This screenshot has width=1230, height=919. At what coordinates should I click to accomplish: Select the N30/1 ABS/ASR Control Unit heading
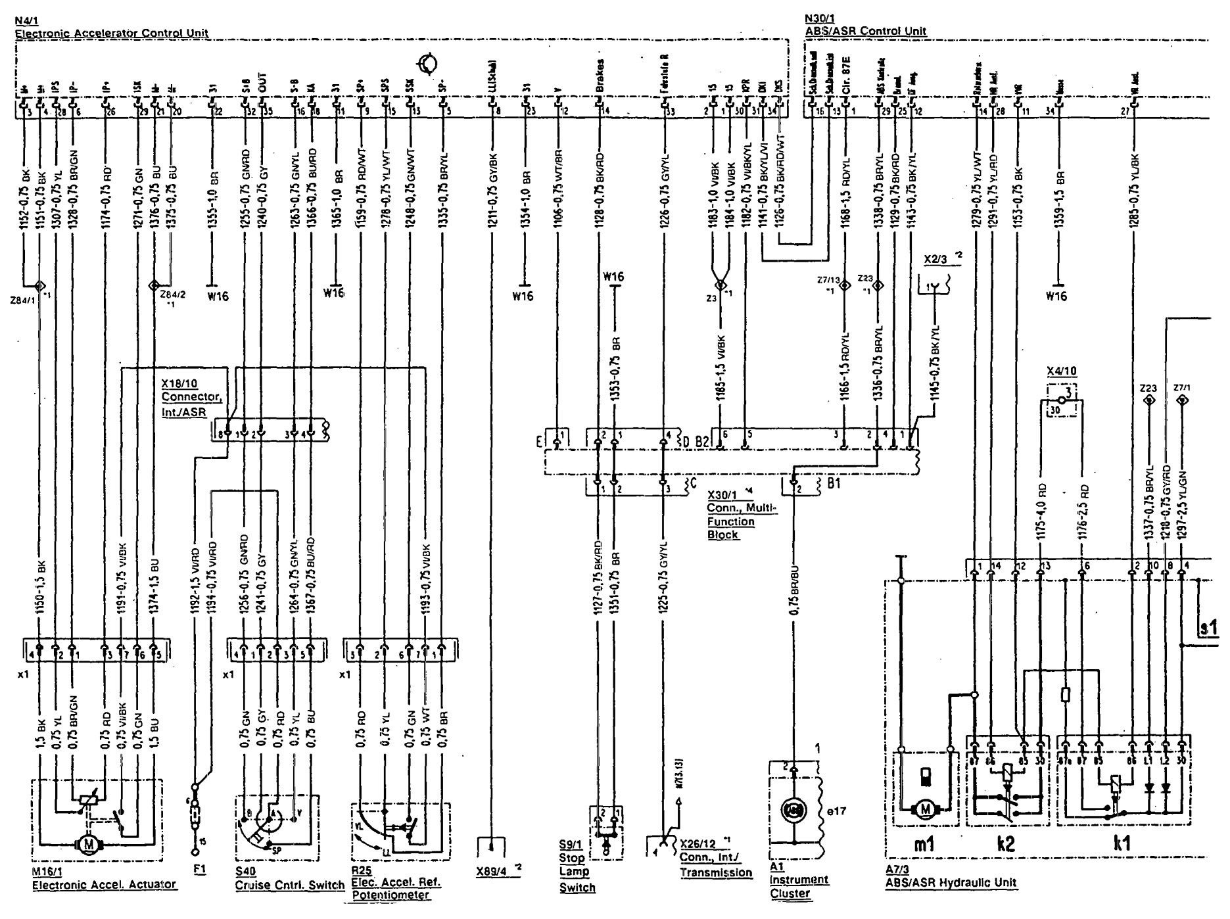pyautogui.click(x=865, y=30)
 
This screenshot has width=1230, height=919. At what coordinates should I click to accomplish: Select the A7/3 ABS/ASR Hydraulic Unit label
pyautogui.click(x=951, y=882)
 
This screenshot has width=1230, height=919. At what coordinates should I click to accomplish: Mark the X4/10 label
pyautogui.click(x=1061, y=371)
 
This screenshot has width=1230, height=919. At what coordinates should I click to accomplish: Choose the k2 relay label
pyautogui.click(x=1005, y=843)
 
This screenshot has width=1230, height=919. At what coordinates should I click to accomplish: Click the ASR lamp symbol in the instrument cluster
pyautogui.click(x=794, y=813)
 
